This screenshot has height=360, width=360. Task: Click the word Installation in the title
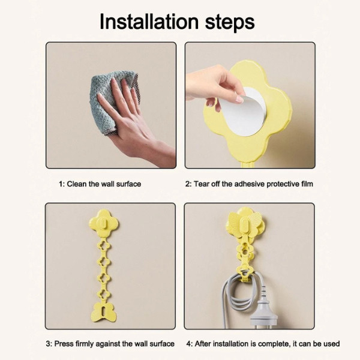click(x=149, y=22)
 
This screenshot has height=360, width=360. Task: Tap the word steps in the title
click(x=230, y=23)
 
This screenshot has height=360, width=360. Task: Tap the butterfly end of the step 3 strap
click(x=104, y=312)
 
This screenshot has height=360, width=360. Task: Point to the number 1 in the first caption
click(x=61, y=184)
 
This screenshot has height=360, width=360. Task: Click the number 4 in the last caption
click(x=189, y=344)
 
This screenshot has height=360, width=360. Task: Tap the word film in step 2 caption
click(x=307, y=184)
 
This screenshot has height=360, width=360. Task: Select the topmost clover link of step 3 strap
click(x=104, y=245)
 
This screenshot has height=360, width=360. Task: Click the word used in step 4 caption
click(x=331, y=344)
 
